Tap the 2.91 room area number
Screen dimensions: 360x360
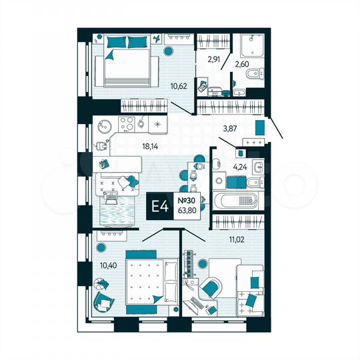click(213, 59)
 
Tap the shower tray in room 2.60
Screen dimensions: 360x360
click(253, 43)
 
